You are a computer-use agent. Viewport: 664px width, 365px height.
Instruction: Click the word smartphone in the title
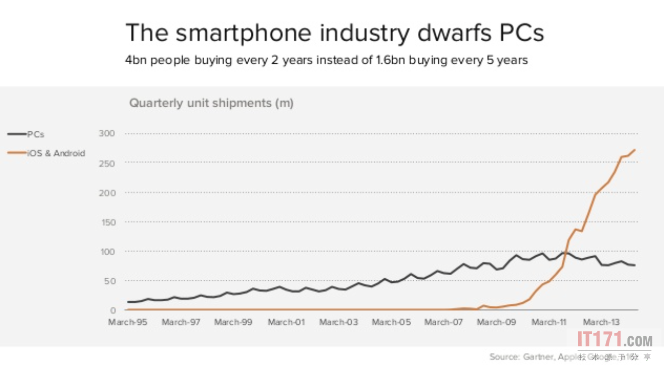[x=243, y=32]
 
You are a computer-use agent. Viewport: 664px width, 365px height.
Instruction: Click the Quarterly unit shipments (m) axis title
[x=212, y=103]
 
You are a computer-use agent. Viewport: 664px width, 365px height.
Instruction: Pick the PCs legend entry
[x=35, y=134]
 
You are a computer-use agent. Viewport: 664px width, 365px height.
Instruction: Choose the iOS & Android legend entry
[x=56, y=153]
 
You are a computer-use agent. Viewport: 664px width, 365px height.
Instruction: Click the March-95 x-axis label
[x=128, y=322]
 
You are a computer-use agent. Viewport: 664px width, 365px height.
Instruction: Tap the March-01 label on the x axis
[x=286, y=322]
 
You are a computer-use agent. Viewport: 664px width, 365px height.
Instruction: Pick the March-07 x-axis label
[x=444, y=322]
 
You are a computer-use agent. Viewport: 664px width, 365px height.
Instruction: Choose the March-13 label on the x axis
[x=601, y=322]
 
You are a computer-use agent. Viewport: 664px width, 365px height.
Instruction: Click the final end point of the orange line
[x=635, y=150]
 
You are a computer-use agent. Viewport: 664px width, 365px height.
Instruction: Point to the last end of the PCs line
[x=635, y=266]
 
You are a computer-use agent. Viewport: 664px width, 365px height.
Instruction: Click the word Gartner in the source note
[x=537, y=357]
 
